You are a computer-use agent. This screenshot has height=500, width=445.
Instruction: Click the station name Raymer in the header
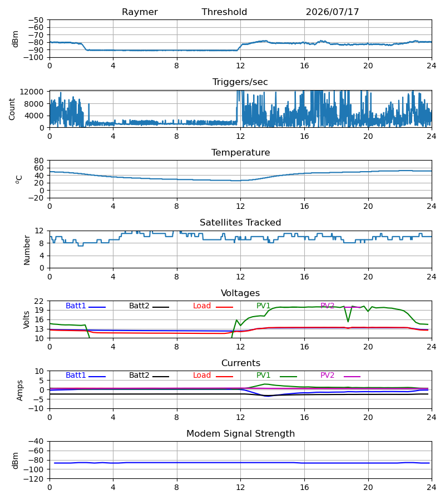[140, 12]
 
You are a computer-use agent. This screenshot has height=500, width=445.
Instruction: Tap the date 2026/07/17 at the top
[332, 12]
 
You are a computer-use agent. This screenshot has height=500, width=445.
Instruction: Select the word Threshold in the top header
[224, 12]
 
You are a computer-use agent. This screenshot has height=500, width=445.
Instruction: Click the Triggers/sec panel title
[240, 82]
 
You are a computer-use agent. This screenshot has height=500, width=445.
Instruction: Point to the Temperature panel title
[240, 152]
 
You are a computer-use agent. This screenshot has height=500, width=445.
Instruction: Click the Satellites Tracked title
[240, 223]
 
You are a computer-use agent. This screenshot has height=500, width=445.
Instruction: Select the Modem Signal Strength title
[240, 434]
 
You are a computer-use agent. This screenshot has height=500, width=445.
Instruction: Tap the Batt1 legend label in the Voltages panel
[76, 306]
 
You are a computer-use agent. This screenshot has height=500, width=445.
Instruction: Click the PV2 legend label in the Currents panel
[327, 376]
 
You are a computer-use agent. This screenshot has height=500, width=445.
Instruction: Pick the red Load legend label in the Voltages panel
[202, 306]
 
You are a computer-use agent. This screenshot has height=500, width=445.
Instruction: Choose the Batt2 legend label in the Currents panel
[139, 376]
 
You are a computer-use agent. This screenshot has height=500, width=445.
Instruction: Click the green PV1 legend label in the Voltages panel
[263, 306]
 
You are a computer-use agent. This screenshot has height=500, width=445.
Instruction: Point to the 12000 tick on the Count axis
[32, 92]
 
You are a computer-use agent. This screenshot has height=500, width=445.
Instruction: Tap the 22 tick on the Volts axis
[39, 301]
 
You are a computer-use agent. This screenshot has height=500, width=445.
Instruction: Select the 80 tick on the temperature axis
[39, 161]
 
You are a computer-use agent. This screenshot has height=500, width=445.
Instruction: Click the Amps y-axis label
[20, 389]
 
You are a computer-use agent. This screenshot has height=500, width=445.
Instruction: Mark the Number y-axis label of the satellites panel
[27, 250]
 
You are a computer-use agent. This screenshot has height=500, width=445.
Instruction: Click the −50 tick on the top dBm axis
[36, 20]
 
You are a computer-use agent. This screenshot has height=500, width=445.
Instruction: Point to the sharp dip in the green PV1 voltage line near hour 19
[348, 321]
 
